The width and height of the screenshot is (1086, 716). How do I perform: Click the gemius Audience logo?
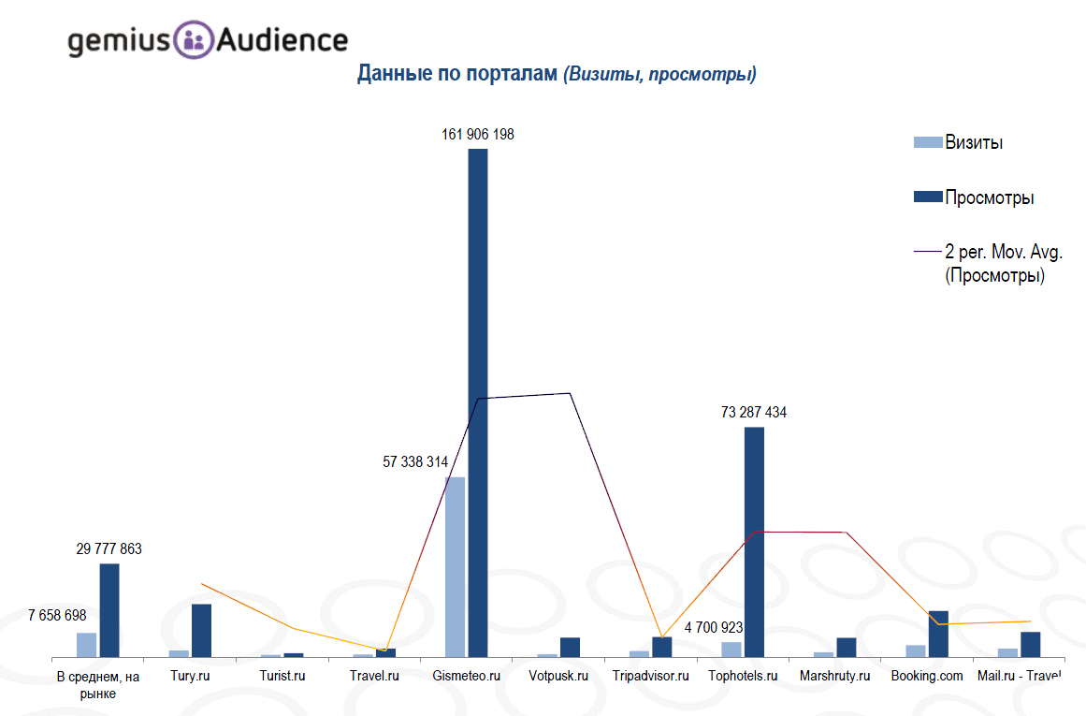pos(207,40)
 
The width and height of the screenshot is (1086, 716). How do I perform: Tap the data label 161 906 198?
pos(478,135)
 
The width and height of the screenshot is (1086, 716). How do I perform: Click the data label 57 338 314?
pos(415,462)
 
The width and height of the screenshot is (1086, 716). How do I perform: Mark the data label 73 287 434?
pos(753,413)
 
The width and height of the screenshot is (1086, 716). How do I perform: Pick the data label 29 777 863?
pos(109,549)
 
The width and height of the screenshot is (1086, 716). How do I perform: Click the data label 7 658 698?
pos(57,616)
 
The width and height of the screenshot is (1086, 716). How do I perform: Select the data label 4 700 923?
pos(714,628)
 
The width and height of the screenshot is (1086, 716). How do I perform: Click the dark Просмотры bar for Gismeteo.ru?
pos(478,402)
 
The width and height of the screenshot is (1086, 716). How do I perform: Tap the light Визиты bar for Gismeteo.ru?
pos(455,566)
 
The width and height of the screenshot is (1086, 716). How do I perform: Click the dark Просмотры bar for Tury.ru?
pos(201,630)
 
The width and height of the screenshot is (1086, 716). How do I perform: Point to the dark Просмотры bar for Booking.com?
pos(938,634)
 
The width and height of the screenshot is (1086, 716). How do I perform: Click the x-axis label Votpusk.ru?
pos(558,676)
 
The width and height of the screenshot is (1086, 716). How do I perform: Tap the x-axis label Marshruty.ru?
pos(834,676)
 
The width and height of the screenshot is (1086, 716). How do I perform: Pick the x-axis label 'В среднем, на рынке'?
pos(98,684)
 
